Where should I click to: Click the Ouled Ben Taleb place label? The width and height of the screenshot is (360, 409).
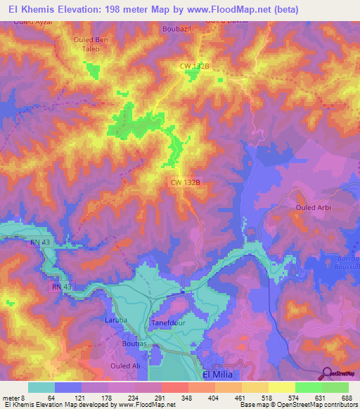pyautogui.click(x=91, y=45)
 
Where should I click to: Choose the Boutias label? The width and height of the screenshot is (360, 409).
pyautogui.click(x=135, y=344)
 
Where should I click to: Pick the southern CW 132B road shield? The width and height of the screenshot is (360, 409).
pyautogui.click(x=186, y=181)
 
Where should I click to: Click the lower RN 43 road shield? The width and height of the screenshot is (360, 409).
pyautogui.click(x=62, y=287)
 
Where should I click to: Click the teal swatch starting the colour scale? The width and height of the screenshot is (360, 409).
pyautogui.click(x=41, y=387)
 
